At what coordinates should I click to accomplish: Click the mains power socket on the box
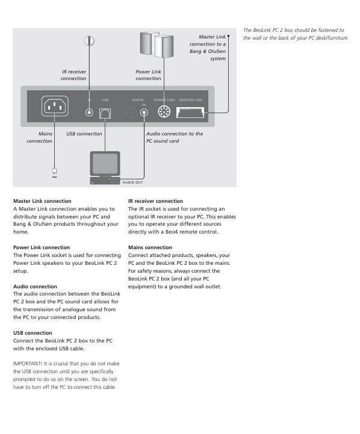point(55,106)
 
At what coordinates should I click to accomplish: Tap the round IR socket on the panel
point(89,113)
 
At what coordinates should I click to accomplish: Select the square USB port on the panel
point(105,114)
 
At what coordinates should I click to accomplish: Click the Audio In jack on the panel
point(144,113)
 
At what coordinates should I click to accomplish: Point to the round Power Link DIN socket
point(164,112)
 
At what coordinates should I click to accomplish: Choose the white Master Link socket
point(190,113)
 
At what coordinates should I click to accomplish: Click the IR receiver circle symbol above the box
point(89,41)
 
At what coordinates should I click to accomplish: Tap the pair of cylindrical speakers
point(157,45)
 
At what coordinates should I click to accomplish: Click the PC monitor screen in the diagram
point(105,164)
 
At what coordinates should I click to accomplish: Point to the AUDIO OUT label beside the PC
point(133,182)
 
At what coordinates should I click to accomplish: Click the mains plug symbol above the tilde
point(55,170)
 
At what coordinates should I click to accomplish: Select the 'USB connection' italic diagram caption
point(84,134)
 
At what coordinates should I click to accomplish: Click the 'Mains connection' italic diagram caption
point(40,137)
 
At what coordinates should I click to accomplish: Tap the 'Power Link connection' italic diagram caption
point(148,75)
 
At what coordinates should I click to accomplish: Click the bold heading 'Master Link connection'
point(42,201)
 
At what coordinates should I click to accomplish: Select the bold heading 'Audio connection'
point(35,287)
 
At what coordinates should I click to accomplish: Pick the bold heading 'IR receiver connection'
point(155,201)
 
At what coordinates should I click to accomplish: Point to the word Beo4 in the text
point(172,232)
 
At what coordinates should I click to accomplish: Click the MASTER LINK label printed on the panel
point(191,100)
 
